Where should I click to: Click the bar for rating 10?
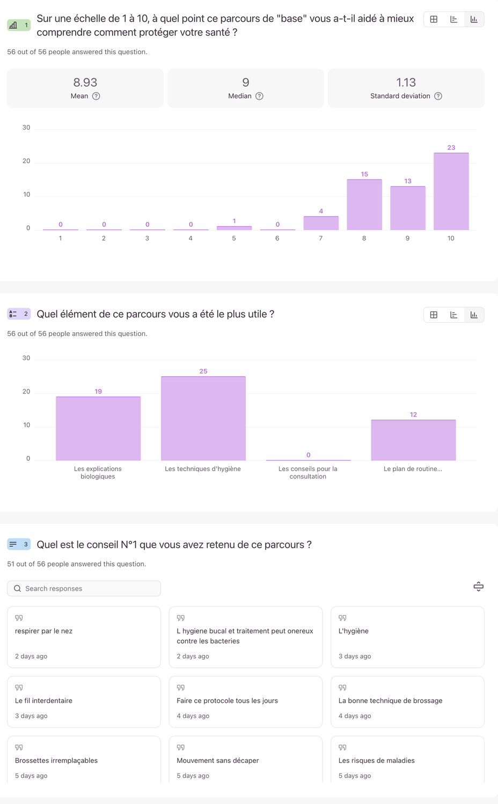(x=451, y=191)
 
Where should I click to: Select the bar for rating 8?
(x=364, y=205)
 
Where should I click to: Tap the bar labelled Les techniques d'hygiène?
(x=203, y=418)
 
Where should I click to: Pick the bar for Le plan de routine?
(x=413, y=440)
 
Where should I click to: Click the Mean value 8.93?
(x=85, y=83)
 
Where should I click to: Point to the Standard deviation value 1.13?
(x=406, y=83)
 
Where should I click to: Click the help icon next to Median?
(x=259, y=96)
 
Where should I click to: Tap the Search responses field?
(x=84, y=589)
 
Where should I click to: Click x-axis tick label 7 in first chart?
(x=321, y=239)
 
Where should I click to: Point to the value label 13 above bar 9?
(x=408, y=181)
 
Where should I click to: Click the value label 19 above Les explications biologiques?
(x=98, y=392)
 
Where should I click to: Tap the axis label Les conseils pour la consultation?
(x=308, y=472)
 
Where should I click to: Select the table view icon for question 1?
(x=434, y=19)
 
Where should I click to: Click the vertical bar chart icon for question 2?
(x=474, y=315)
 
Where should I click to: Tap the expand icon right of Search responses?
(x=479, y=586)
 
